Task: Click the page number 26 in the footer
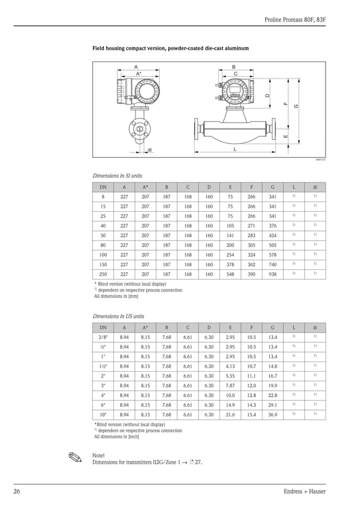17,491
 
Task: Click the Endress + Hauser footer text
305,491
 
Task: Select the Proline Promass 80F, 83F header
295,20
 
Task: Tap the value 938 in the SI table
273,274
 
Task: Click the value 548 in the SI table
230,274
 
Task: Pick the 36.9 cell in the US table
273,415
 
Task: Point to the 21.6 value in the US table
230,415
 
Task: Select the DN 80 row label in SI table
103,245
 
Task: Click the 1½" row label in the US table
103,366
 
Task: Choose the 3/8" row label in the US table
103,337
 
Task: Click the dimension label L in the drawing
234,150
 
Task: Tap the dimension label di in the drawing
150,150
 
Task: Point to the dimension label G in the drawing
296,107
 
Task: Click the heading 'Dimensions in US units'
118,316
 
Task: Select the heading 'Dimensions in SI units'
117,176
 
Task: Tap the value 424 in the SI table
273,235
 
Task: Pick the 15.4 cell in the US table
252,415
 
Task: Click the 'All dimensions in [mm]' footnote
116,296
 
